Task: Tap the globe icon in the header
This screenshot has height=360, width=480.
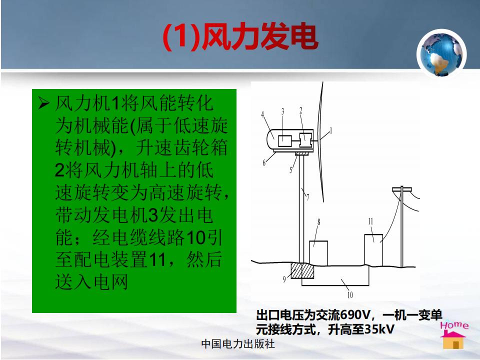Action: click(441, 54)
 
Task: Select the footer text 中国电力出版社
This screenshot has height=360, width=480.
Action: click(238, 344)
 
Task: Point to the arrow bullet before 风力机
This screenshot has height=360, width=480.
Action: click(43, 104)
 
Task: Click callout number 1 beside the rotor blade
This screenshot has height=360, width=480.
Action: click(330, 131)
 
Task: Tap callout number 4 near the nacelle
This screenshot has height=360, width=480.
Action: click(262, 114)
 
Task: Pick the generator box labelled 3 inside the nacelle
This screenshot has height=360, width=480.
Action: click(284, 141)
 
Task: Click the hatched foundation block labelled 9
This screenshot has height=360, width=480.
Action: click(302, 270)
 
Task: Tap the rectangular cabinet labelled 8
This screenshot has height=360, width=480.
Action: click(318, 253)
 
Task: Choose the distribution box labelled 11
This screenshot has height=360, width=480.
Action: click(373, 250)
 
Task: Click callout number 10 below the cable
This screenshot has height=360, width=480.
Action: click(350, 295)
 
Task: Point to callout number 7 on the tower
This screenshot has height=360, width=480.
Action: click(307, 197)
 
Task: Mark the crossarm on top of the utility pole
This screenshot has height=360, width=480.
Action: click(402, 190)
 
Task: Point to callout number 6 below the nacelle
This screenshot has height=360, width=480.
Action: click(264, 162)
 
